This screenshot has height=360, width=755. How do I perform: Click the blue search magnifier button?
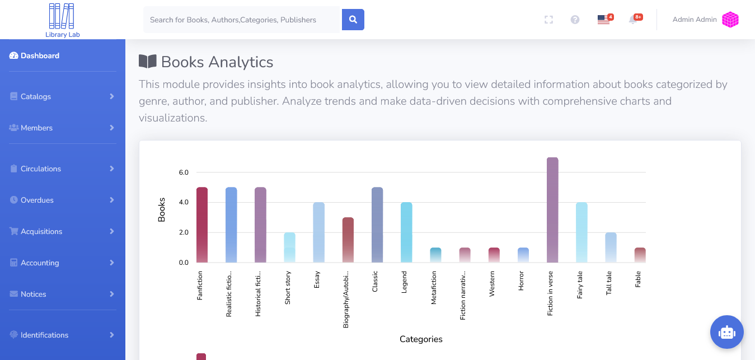353,20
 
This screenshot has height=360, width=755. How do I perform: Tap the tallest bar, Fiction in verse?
552,210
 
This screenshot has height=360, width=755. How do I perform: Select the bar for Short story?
289,248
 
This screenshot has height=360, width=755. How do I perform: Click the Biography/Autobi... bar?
348,240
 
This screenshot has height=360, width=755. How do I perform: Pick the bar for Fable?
640,255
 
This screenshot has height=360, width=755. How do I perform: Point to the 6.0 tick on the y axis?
184,172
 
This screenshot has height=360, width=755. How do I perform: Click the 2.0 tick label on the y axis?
184,232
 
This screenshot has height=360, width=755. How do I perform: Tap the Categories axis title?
421,339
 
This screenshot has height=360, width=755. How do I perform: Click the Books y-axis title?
162,210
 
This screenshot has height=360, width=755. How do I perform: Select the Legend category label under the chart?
404,282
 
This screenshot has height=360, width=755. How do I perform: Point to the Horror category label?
521,282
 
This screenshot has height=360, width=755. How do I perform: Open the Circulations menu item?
41,169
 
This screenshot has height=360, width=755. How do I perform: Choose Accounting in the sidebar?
40,263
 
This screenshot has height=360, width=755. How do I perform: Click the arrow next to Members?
112,128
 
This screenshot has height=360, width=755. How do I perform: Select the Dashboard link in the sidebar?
40,55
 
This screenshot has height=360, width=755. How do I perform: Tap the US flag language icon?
603,20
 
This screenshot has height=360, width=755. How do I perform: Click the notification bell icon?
632,20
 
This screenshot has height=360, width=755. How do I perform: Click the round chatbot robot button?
726,332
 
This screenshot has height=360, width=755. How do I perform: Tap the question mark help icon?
575,20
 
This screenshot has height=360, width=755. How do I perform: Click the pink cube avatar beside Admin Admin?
730,20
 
